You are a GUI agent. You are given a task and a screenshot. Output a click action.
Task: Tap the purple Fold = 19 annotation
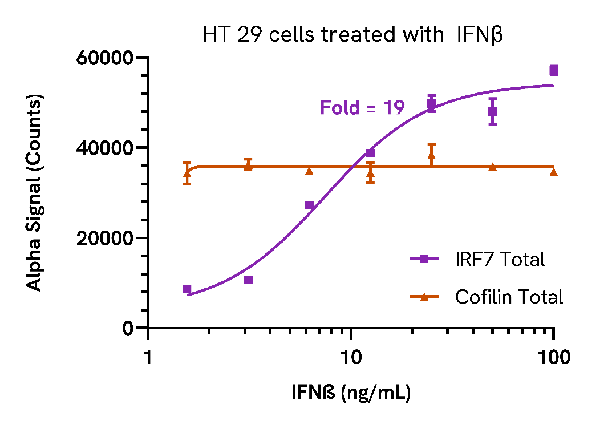point(362,107)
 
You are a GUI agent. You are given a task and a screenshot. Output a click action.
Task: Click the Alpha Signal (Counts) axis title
point(35,192)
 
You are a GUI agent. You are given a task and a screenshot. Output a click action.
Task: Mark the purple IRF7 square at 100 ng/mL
point(553,71)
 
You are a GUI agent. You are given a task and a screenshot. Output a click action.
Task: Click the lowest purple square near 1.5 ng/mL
point(187,289)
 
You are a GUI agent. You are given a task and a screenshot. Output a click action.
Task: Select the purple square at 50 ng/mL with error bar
point(492,111)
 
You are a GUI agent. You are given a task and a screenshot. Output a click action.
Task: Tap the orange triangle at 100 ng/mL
point(553,171)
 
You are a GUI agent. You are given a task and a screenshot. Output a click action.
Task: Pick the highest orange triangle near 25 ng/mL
point(431,155)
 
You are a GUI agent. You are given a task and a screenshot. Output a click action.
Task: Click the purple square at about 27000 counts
point(309,205)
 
